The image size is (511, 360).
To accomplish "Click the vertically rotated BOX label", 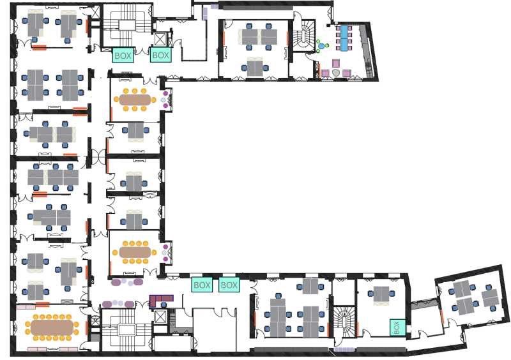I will (397, 327).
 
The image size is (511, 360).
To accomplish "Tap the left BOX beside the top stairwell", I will (123, 56).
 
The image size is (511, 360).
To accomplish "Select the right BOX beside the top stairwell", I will (161, 56).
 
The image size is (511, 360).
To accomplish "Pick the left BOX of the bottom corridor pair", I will (202, 285).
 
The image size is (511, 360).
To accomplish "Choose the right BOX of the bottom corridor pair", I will (229, 285).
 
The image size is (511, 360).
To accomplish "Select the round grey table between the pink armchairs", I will (335, 73).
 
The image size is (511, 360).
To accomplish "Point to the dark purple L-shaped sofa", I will (160, 299).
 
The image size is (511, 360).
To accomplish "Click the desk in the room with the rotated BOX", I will (383, 294).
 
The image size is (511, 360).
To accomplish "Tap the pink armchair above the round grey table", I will (335, 63).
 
